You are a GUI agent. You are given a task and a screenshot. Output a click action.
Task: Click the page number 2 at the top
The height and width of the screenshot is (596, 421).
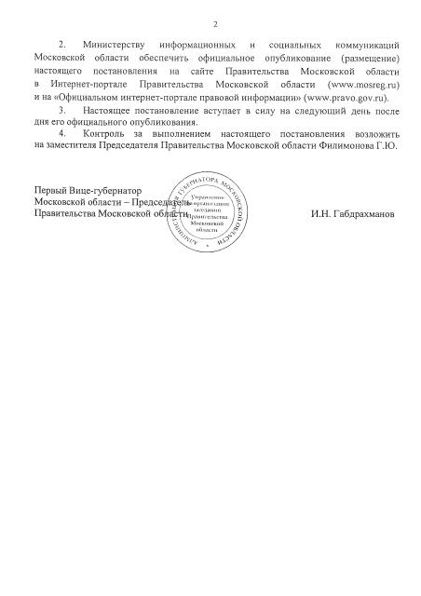(x=214, y=24)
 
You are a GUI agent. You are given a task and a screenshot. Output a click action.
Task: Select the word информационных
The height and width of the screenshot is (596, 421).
(x=196, y=45)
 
